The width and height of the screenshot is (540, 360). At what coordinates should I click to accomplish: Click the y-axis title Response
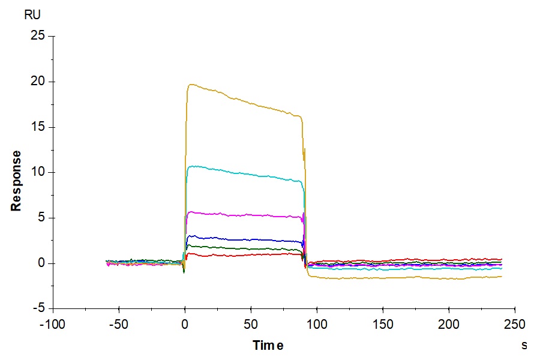coord(16,180)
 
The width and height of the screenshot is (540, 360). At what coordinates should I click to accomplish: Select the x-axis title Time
coord(268,346)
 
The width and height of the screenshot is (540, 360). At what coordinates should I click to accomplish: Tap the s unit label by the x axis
coord(524,346)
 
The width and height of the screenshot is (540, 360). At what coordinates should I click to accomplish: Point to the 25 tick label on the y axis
coord(37,36)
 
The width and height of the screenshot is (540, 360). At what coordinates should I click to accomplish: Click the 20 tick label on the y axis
coord(37,82)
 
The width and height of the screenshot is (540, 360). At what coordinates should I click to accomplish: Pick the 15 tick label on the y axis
coord(37,127)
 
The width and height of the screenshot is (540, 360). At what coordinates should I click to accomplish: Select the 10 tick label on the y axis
coord(37,172)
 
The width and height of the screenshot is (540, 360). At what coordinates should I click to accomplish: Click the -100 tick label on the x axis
coord(53,325)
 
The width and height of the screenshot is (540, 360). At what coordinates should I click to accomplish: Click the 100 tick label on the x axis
coord(317,325)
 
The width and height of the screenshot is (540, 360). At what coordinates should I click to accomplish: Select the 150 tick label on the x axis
coord(383,325)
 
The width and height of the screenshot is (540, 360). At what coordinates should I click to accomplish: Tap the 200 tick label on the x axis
coord(449,325)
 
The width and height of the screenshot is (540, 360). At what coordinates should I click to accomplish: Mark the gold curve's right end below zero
coord(501,276)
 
